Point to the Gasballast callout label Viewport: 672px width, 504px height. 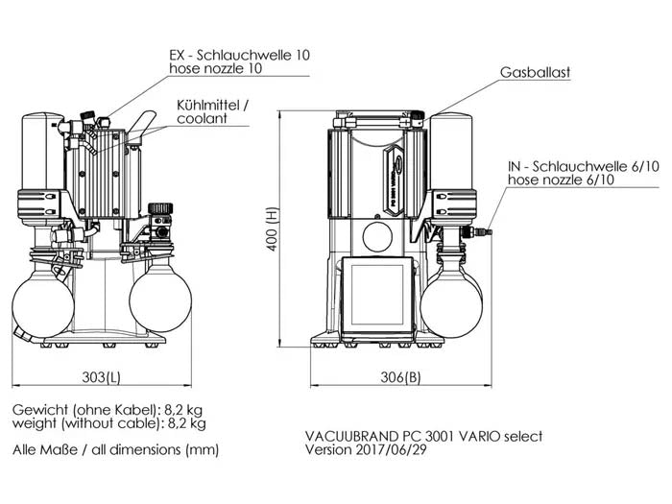point(538,72)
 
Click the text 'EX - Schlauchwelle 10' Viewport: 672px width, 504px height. point(240,55)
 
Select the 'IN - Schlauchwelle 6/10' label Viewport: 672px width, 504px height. point(584,166)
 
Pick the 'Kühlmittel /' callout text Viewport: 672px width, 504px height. point(211,105)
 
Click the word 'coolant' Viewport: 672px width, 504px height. point(203,119)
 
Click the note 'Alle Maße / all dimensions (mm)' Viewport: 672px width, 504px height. point(116,449)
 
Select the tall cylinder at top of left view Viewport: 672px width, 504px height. point(42,158)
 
